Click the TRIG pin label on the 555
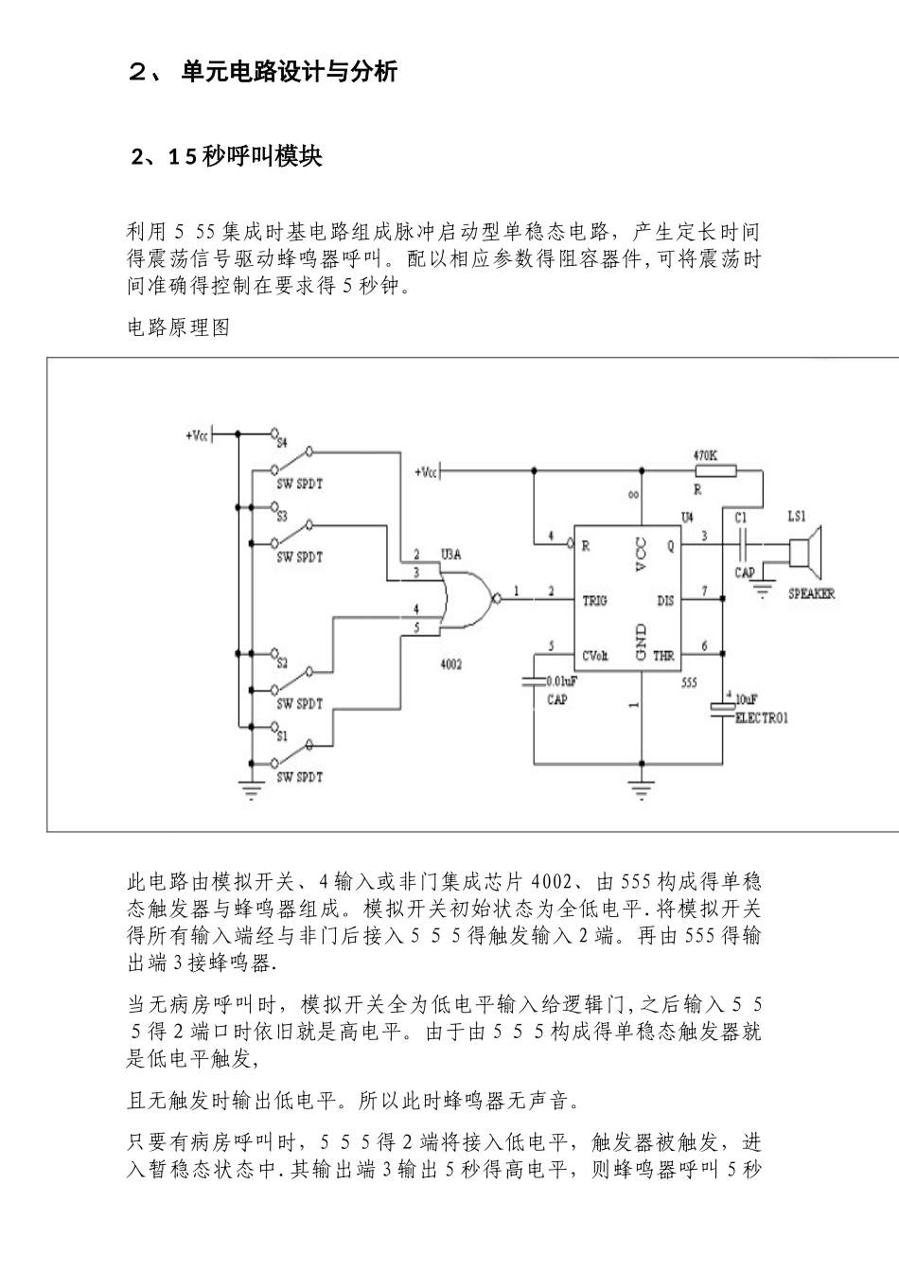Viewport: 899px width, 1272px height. point(594,600)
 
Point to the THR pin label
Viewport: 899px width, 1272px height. point(664,655)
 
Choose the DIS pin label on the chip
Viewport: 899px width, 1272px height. point(665,600)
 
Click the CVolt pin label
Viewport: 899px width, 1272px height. point(595,655)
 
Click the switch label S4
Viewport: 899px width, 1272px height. point(281,442)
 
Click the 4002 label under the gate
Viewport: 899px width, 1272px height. point(451,665)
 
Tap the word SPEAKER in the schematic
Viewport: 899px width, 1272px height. point(812,594)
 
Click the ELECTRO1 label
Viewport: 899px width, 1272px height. point(762,718)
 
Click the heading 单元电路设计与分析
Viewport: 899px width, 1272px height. point(289,72)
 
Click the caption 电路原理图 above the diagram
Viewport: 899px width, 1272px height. point(179,328)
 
